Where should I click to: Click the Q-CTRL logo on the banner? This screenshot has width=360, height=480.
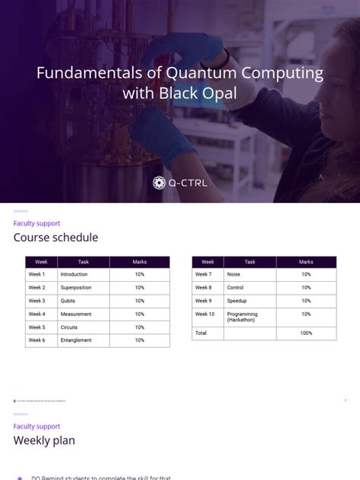(x=179, y=182)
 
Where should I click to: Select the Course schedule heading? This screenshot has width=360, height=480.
(x=55, y=238)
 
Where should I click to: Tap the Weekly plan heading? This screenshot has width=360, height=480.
(x=44, y=441)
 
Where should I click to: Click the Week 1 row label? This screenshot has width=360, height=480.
(x=37, y=274)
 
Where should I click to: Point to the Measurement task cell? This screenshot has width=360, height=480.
(x=76, y=314)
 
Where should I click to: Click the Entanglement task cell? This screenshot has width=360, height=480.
(x=77, y=340)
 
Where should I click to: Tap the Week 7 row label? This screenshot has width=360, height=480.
(x=204, y=274)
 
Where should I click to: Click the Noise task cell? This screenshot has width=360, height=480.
(x=234, y=274)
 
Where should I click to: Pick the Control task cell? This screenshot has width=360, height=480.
(x=235, y=288)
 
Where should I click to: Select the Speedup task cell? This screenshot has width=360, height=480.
(x=237, y=301)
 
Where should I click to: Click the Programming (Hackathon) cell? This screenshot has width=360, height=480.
(x=243, y=317)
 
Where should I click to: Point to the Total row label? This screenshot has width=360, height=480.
(x=201, y=333)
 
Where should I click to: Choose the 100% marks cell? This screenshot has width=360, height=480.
(x=306, y=333)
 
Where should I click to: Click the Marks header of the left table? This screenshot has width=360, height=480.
(x=140, y=262)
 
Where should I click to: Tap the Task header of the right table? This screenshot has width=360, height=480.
(x=250, y=262)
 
